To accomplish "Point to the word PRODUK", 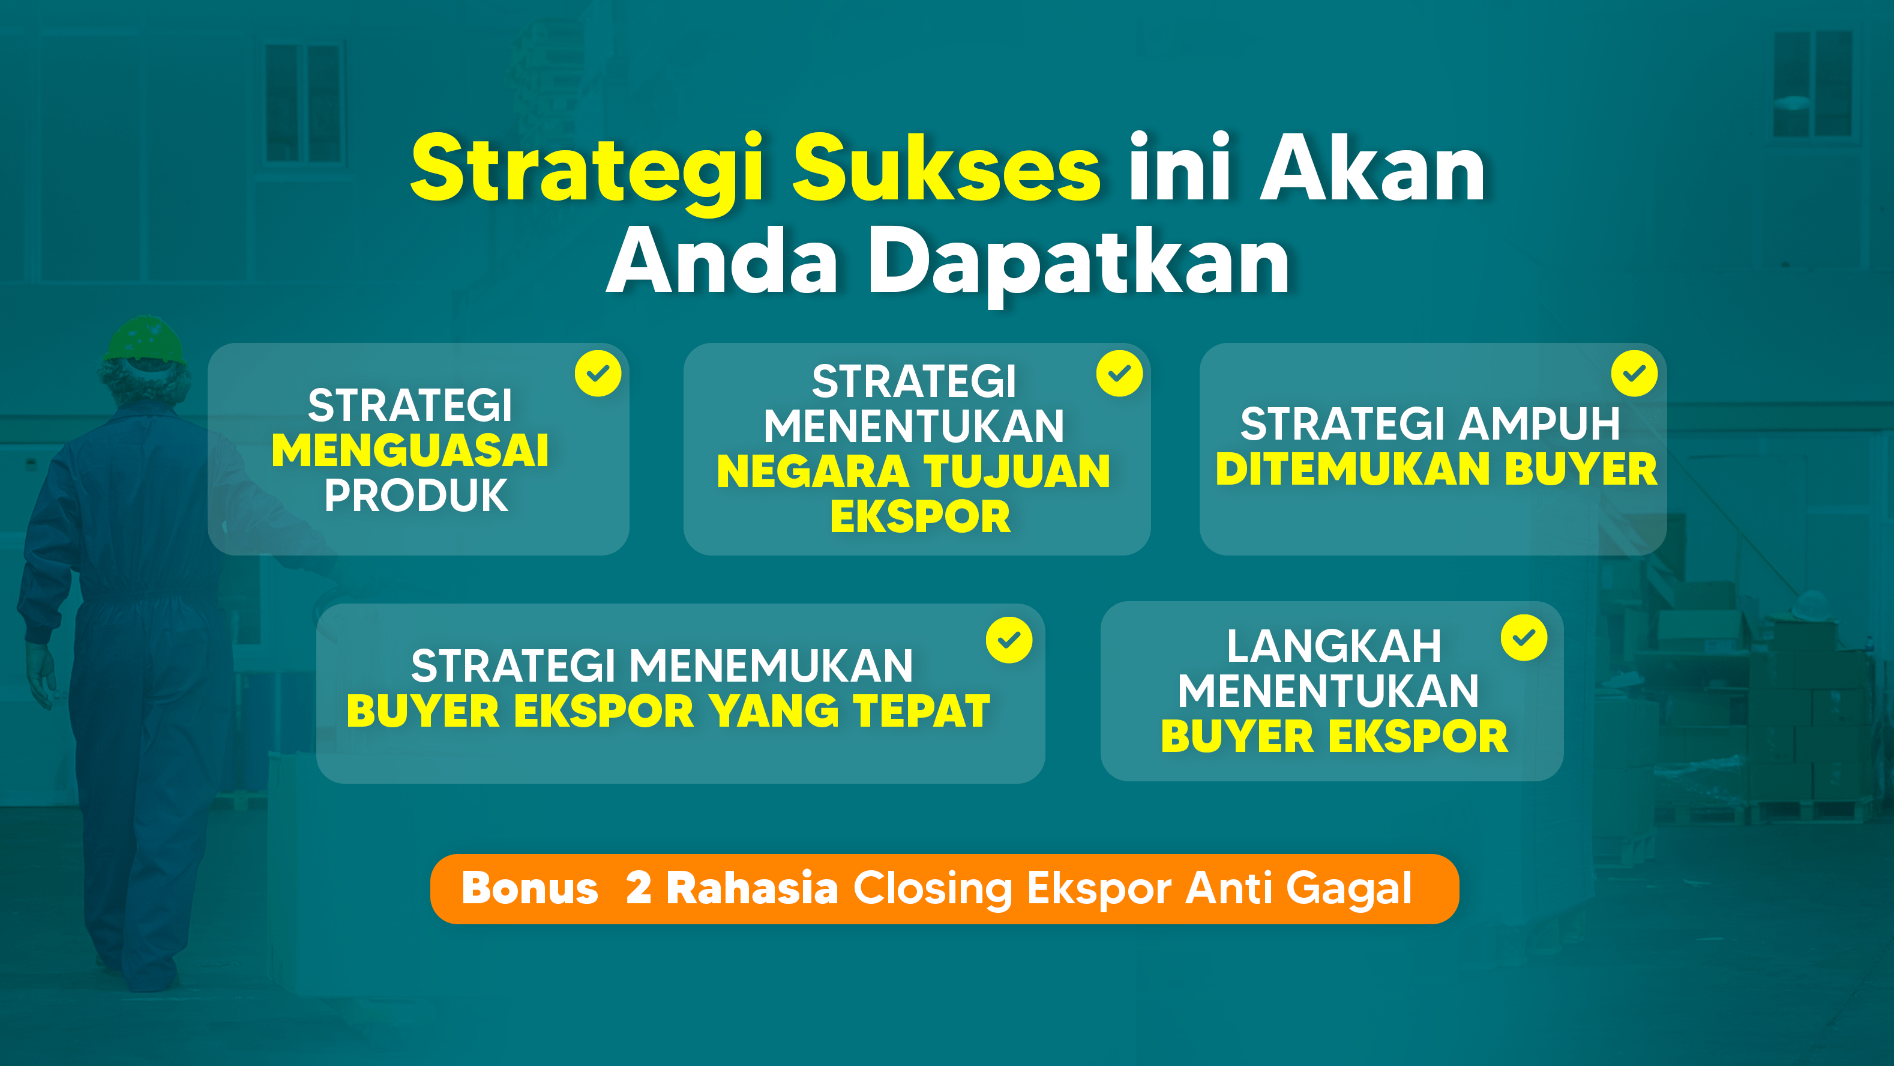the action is coord(416,495).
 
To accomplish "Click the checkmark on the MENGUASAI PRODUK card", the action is coord(598,374).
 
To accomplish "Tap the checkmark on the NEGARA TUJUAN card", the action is coord(1119,374).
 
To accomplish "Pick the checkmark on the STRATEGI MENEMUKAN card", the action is coord(1009,640).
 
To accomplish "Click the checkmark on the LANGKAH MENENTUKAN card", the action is coord(1524,638).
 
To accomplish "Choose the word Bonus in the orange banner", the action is coord(529,888).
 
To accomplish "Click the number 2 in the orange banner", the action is coord(638,888).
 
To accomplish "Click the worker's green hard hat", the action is coord(144,340).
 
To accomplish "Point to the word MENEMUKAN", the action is coord(771,666).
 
